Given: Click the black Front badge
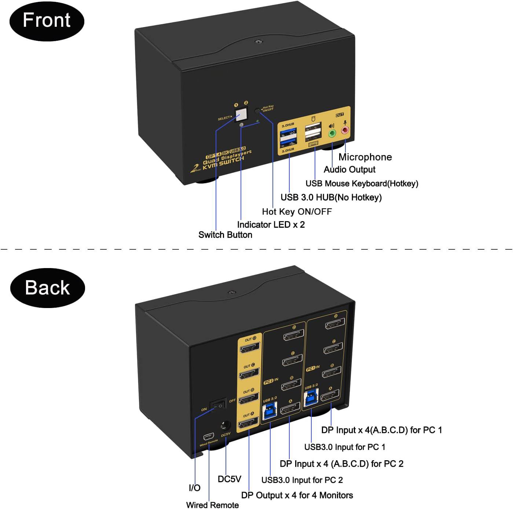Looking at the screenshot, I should pos(47,20).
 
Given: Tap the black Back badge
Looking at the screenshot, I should pos(47,288).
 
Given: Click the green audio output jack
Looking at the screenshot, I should pos(332,133).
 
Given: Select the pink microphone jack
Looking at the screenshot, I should pos(345,130).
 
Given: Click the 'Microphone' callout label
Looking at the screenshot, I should pos(365,157).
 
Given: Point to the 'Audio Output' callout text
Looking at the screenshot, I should pos(349,169).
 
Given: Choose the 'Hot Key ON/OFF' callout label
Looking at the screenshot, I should pos(297,212).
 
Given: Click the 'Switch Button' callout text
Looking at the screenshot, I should pos(225,235).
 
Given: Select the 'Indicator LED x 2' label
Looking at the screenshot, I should pos(271,224).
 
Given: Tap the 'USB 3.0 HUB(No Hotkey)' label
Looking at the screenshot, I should pos(331,197).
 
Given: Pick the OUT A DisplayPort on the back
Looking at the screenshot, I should pos(249,424).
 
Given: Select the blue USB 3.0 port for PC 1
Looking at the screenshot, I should pos(311,397).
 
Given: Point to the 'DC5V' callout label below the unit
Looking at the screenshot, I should pos(229,479).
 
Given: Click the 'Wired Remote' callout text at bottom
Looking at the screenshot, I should pos(212,505).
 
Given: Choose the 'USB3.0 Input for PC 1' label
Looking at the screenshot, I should pos(345,447).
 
